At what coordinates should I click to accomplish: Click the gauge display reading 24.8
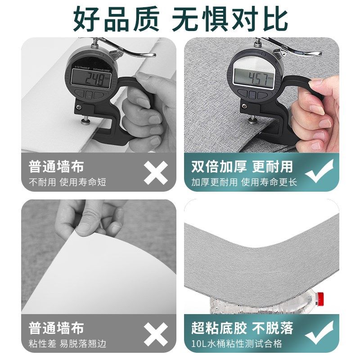point(93,80)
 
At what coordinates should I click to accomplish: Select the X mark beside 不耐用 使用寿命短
point(156,172)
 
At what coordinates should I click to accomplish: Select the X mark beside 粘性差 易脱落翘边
point(156,334)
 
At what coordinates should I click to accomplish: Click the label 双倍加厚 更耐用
point(242,166)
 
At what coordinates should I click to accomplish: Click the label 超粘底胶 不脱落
point(242,328)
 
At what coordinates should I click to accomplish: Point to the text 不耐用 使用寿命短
point(67,183)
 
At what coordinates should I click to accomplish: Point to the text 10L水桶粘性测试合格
point(237,344)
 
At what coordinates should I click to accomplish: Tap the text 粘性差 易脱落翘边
point(67,344)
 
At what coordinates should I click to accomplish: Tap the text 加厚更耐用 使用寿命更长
point(244,183)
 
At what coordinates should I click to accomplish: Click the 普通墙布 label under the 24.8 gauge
point(56,166)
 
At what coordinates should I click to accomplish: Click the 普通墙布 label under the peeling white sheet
point(56,328)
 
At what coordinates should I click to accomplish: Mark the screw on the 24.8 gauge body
point(80,107)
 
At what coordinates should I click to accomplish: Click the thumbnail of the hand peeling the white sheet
point(98,256)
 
